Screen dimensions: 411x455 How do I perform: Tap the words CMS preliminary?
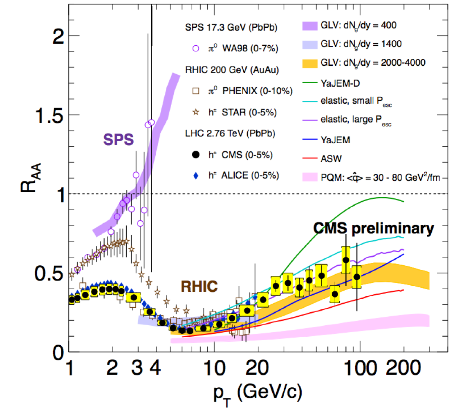pyautogui.click(x=373, y=229)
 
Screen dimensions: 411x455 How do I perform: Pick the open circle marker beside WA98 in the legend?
pyautogui.click(x=195, y=49)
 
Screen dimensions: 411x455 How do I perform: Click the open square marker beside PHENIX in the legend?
pyautogui.click(x=195, y=91)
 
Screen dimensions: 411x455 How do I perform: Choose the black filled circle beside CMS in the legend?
pyautogui.click(x=195, y=154)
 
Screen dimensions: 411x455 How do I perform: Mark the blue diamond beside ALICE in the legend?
pyautogui.click(x=195, y=176)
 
